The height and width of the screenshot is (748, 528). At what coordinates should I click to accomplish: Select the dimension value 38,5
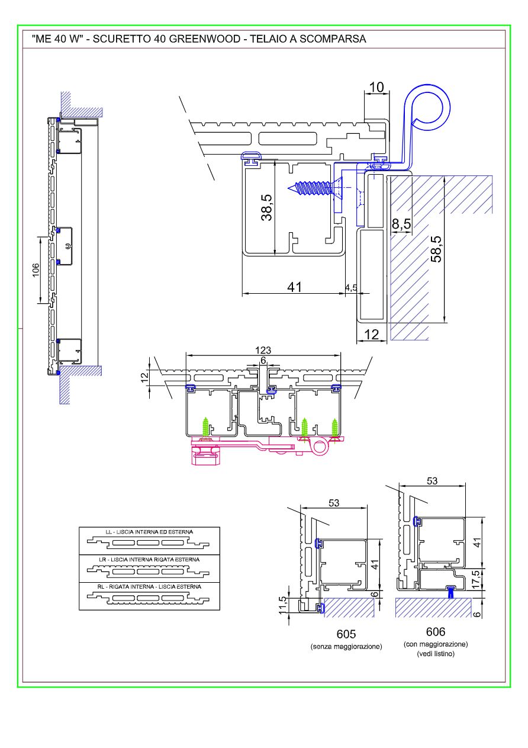268,208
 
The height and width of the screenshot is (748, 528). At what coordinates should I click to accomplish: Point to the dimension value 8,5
401,224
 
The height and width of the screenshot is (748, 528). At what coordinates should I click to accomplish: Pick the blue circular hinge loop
430,108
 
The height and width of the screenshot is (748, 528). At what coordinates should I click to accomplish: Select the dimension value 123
263,351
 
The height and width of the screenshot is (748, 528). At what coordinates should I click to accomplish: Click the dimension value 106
36,269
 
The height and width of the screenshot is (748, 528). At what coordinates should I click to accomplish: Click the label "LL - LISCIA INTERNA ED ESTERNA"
149,532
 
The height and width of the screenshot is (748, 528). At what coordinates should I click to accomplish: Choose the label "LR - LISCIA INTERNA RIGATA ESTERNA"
149,559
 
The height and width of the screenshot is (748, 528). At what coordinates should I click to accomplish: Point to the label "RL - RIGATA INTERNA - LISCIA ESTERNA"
149,586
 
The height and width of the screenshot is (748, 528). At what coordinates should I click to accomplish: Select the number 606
435,632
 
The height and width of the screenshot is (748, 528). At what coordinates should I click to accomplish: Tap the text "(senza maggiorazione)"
346,647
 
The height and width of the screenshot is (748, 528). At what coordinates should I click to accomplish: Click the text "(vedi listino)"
435,654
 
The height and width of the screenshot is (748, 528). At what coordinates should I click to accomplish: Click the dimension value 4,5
350,288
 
